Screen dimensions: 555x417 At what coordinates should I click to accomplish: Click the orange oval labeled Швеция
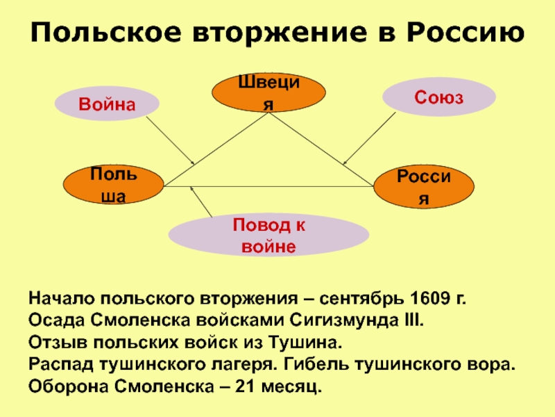[268, 93]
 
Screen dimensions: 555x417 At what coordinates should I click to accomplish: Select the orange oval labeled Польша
[114, 186]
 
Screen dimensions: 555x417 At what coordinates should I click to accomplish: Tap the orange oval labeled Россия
[424, 187]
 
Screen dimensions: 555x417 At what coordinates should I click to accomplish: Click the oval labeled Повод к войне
[268, 235]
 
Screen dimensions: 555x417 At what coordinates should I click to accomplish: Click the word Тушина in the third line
[307, 343]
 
